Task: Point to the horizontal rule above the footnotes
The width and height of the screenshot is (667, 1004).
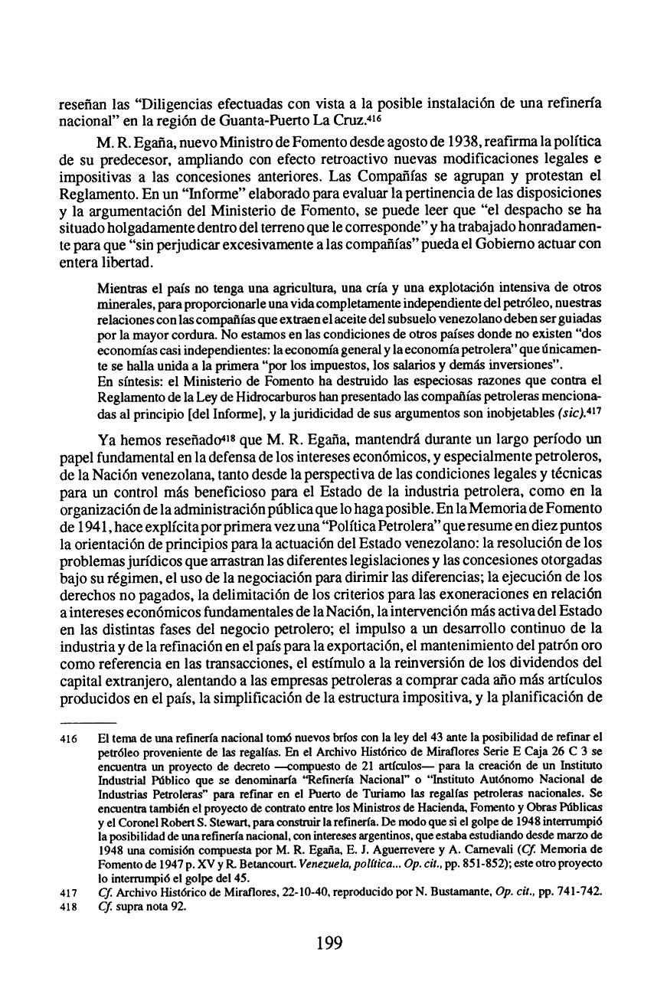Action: (x=87, y=722)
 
